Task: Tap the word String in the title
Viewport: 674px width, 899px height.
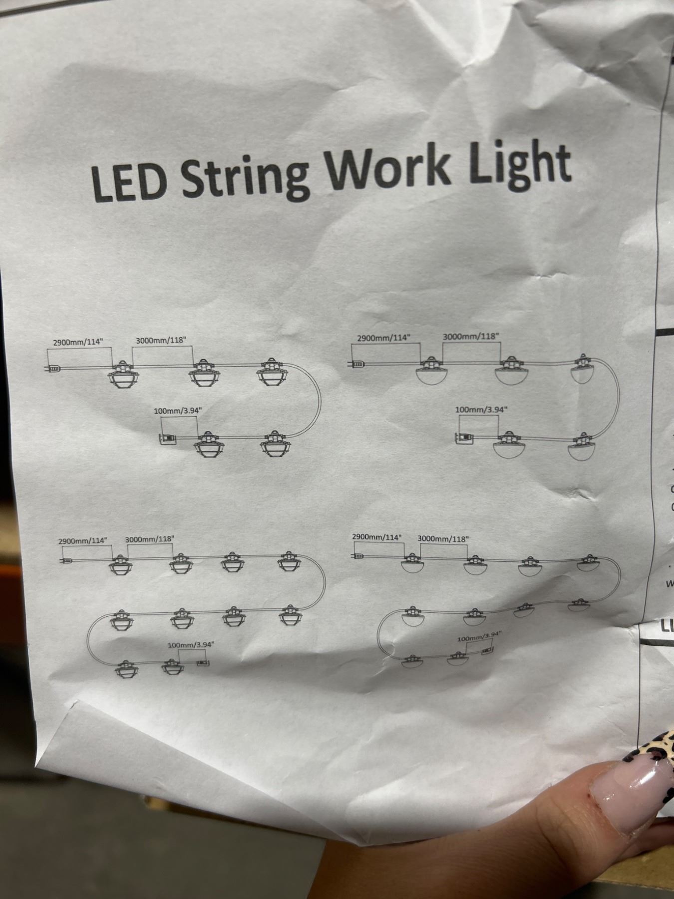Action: point(244,177)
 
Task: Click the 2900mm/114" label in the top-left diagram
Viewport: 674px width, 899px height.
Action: point(77,342)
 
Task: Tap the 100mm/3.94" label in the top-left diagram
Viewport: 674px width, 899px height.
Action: point(178,411)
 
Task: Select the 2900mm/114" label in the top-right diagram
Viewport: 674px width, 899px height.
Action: point(383,338)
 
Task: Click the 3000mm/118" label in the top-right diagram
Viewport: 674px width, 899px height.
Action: point(471,336)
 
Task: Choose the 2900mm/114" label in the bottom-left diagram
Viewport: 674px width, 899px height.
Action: point(83,541)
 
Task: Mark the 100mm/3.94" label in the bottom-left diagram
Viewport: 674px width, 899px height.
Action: point(191,645)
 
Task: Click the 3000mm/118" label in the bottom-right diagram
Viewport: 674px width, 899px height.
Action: point(443,539)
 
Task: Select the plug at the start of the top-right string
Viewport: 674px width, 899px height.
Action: point(357,364)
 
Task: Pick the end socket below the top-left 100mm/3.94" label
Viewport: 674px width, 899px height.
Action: point(167,438)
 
